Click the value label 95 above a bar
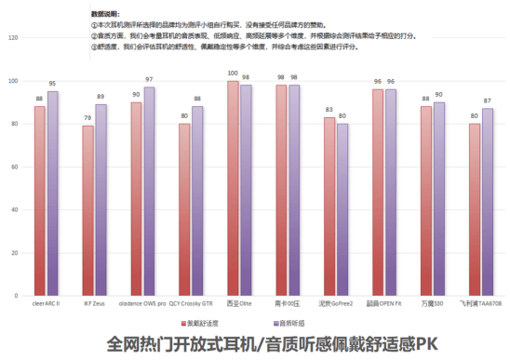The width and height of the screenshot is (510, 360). tap(52, 84)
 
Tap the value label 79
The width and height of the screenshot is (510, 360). tap(87, 118)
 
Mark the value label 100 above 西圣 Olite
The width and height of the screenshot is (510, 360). tap(233, 73)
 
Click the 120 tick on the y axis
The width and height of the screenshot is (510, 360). tap(13, 38)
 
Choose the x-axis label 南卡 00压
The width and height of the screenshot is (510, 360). tap(287, 303)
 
